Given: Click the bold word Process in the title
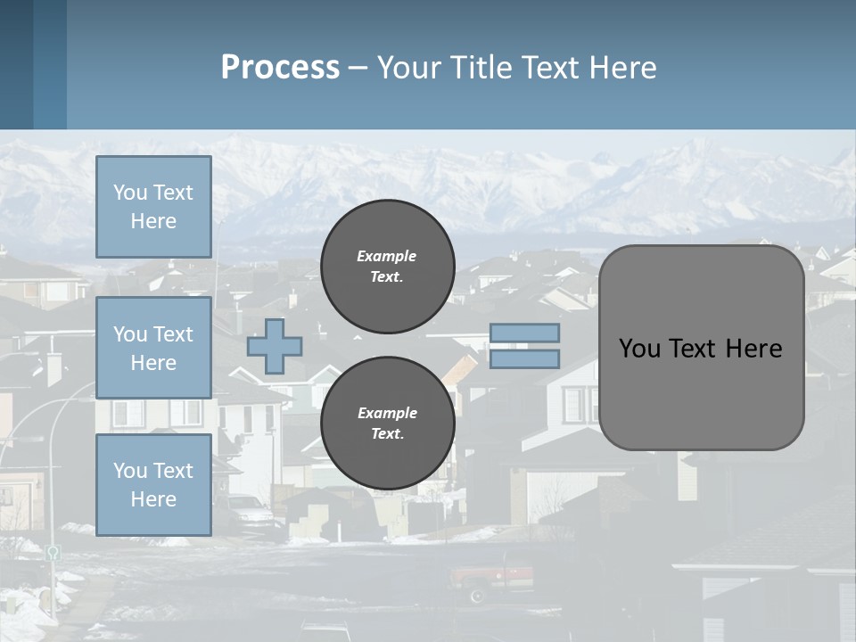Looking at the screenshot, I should [x=280, y=68].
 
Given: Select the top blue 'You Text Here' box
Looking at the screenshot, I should [x=153, y=207].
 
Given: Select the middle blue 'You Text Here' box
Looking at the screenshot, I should [x=153, y=348].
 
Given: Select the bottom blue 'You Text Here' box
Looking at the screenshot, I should [x=153, y=484].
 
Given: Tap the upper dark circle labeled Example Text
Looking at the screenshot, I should [x=388, y=267].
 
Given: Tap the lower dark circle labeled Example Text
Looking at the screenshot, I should [x=388, y=424].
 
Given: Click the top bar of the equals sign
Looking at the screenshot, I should [x=524, y=333].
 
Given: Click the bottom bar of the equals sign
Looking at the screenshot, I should [x=524, y=359].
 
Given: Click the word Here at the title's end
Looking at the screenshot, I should [x=624, y=68].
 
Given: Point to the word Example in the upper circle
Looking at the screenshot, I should [x=386, y=256].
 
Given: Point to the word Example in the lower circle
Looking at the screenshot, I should [x=387, y=413].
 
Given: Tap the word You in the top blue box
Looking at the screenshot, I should [x=130, y=193].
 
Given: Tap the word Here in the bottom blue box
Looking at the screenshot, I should [x=153, y=499].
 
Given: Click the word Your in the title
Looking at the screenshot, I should [x=409, y=68].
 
